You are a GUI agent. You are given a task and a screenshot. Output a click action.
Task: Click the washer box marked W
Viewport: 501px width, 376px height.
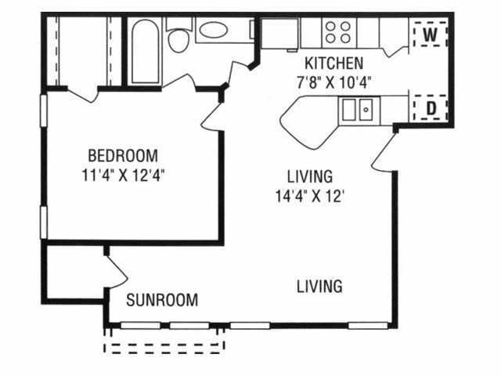point(430,34)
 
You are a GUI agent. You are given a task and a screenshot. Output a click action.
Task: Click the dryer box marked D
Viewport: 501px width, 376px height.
point(430,108)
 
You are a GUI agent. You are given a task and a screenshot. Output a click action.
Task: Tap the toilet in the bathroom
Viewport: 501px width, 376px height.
point(178,36)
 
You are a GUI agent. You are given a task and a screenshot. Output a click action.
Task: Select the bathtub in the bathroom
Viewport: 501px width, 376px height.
point(145,51)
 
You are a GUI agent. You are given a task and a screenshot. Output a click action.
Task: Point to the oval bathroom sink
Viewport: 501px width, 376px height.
point(214,31)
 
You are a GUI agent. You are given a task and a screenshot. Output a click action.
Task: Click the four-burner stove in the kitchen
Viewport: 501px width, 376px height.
point(338,32)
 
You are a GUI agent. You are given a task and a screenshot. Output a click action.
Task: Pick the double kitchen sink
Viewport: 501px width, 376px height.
point(358,109)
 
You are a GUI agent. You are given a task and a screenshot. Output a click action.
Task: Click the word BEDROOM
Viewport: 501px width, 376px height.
point(123,156)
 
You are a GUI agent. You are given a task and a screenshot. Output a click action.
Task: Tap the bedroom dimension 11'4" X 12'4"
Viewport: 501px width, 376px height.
point(124,175)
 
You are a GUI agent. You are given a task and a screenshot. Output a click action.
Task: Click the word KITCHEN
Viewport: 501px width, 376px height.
point(334,63)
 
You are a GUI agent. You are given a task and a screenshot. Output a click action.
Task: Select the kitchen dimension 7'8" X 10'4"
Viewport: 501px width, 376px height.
point(334,83)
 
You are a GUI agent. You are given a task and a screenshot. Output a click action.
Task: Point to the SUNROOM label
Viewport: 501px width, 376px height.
point(162,300)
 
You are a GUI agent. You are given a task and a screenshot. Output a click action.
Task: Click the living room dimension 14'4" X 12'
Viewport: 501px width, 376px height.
point(310,196)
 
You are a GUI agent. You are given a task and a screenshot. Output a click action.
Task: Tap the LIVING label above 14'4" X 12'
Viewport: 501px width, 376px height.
point(310,176)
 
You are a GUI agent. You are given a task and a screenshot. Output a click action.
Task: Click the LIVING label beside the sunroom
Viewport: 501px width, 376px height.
point(319,286)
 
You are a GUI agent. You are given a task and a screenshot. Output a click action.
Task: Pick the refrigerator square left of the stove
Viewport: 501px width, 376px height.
point(280,34)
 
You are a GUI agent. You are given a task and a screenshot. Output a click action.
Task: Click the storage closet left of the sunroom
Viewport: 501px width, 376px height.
point(75,272)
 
